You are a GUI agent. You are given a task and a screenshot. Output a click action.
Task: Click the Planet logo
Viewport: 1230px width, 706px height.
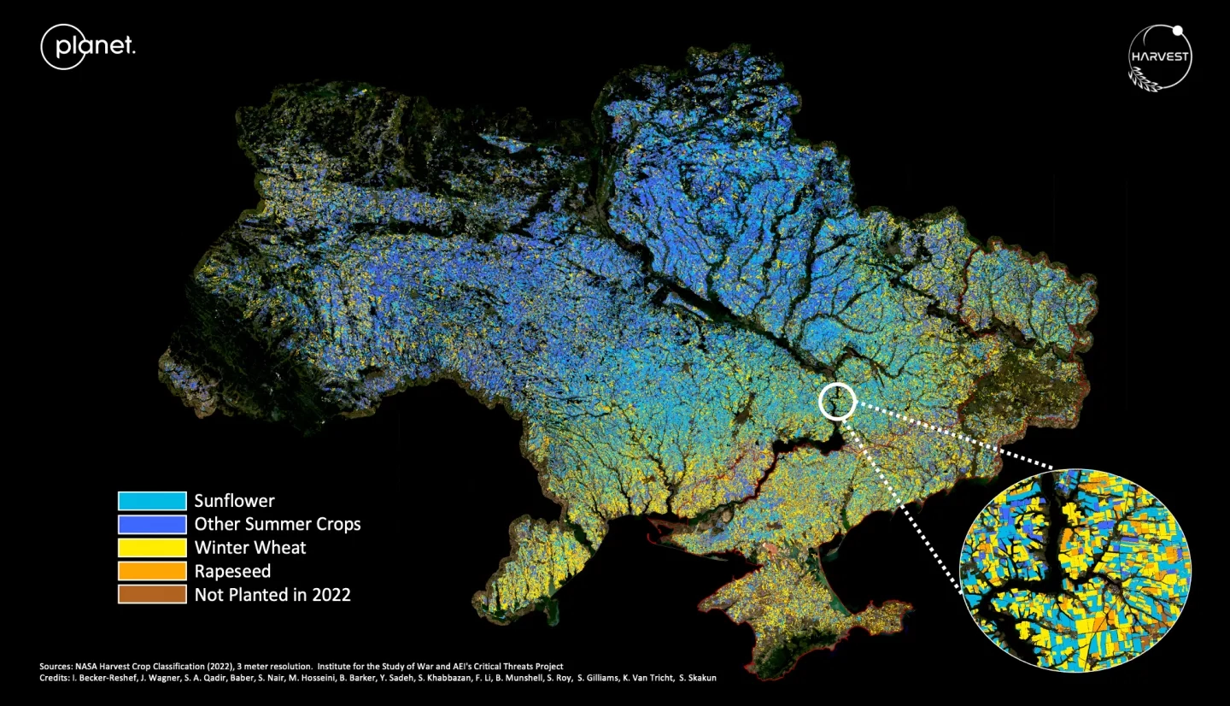point(88,46)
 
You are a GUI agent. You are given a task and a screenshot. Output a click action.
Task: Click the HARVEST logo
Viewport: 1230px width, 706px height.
point(1159,57)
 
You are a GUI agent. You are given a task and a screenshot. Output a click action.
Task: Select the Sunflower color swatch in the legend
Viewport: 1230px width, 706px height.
point(152,501)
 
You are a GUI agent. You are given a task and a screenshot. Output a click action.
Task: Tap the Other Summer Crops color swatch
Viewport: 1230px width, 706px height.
point(152,524)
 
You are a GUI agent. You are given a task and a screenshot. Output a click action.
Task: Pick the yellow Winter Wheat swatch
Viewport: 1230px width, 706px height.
point(152,547)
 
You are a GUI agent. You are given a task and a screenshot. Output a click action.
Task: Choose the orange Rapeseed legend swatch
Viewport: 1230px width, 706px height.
point(152,570)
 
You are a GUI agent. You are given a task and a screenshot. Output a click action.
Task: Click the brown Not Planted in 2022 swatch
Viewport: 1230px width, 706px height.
point(152,594)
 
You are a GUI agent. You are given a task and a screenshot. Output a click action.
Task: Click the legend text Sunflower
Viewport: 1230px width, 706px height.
point(234,501)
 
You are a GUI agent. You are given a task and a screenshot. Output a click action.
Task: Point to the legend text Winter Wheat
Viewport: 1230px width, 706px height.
point(249,547)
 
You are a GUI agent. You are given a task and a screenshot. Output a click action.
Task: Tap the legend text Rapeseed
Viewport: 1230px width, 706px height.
point(232,570)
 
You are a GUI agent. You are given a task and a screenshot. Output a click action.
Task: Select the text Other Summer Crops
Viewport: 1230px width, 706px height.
point(277,524)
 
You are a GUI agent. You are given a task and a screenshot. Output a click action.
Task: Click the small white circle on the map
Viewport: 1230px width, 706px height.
point(837,400)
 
